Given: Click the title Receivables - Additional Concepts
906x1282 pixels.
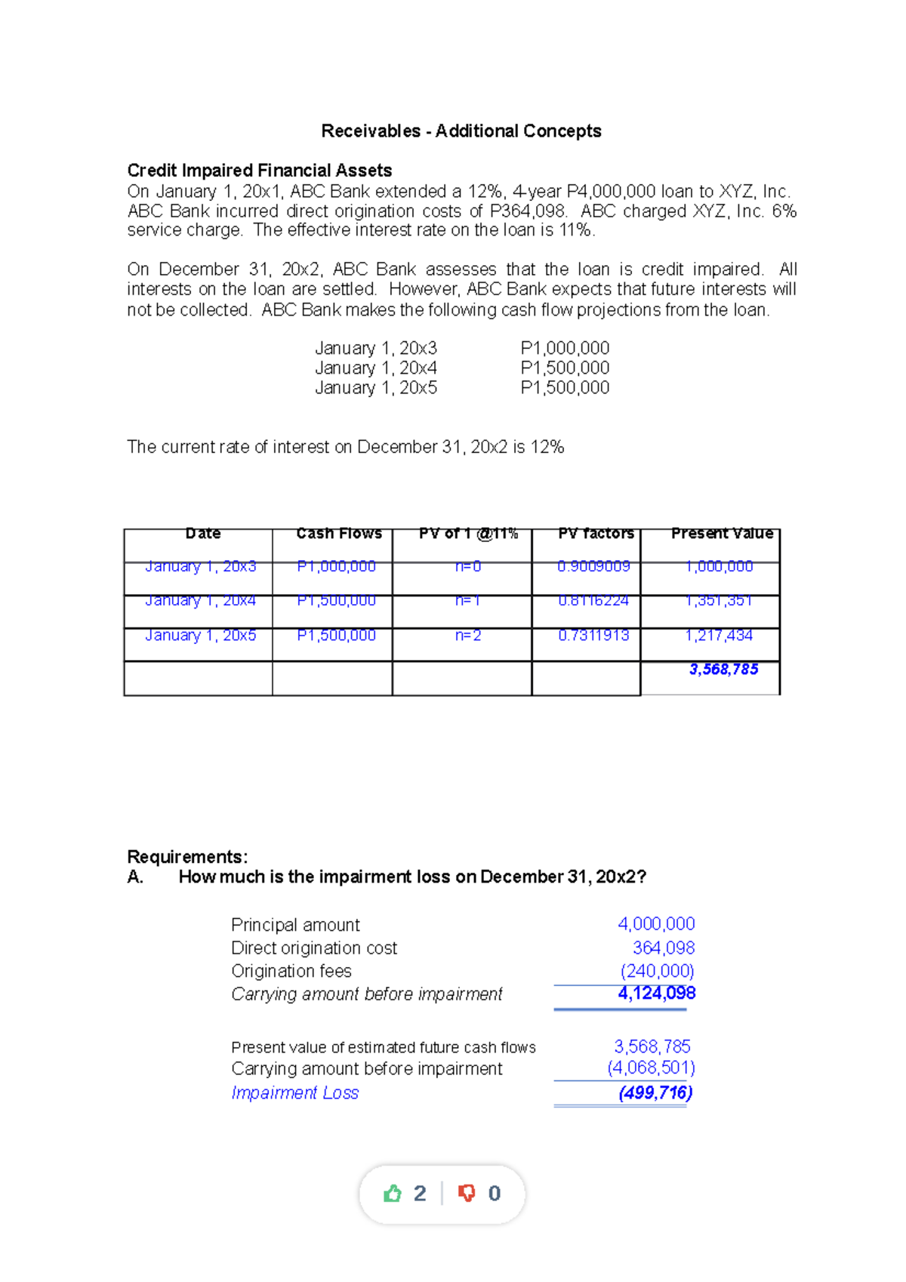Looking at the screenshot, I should point(461,131).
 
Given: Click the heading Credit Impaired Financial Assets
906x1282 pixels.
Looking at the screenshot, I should point(259,171).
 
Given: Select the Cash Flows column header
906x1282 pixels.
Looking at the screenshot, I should point(339,534).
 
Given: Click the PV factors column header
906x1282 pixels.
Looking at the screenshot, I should point(596,534).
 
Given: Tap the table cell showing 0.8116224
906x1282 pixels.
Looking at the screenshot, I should point(593,601).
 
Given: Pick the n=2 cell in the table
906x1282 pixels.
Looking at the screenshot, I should point(468,636).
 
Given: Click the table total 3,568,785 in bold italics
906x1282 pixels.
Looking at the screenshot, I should point(723,670).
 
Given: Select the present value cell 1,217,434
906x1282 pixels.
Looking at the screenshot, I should point(719,636).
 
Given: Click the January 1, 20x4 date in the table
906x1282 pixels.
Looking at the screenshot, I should point(200,601).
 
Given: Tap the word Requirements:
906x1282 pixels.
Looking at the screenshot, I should point(187,857).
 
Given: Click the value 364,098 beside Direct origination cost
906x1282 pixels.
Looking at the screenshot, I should point(663,948).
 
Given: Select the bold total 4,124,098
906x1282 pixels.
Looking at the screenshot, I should point(656,994).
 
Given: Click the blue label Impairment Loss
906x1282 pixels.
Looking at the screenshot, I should point(294,1093).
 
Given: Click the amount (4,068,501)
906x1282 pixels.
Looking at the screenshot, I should point(651,1068).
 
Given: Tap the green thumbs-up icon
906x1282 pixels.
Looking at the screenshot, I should point(393,1194).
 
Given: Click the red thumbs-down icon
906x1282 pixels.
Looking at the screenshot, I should point(467,1194).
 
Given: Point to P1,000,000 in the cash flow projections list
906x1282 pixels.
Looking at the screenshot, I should point(565,349).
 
